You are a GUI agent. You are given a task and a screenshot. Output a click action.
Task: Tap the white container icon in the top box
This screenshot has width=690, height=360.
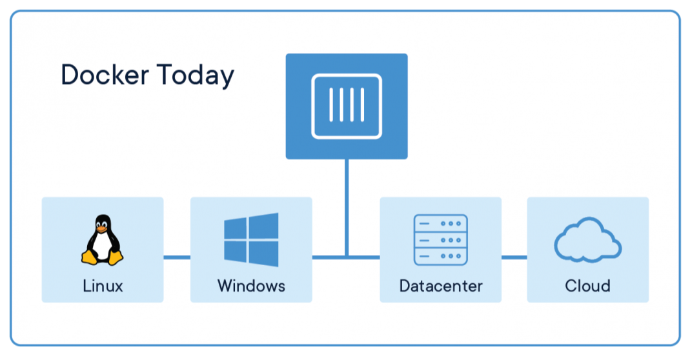[x=347, y=106]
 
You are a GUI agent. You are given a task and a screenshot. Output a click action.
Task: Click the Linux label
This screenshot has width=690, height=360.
[x=103, y=285]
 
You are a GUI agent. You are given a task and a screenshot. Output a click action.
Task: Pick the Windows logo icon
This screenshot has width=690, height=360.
[x=251, y=239]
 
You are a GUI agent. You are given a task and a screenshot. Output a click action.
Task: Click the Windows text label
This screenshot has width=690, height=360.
[x=251, y=285]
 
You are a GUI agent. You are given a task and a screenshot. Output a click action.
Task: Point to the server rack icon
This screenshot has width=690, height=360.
[x=440, y=239]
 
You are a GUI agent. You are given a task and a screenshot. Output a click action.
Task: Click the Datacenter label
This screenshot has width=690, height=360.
[x=441, y=285]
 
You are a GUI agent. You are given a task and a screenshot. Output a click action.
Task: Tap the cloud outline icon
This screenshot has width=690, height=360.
[x=587, y=241]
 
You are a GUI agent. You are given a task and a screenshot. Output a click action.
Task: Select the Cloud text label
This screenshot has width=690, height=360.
[x=587, y=285]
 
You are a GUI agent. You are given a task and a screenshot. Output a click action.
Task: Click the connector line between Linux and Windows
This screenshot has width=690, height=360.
[x=177, y=257]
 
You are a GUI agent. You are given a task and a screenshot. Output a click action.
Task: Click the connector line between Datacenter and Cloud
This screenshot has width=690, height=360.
[x=514, y=257]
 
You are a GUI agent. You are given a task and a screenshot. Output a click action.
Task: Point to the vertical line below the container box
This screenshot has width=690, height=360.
[x=347, y=206]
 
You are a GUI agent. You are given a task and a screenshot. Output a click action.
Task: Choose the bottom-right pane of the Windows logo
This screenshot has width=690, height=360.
[x=265, y=254]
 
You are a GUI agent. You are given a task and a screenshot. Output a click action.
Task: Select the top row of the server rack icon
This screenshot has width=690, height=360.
[x=440, y=223]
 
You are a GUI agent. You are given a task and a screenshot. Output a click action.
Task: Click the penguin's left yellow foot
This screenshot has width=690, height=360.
[x=90, y=257]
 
